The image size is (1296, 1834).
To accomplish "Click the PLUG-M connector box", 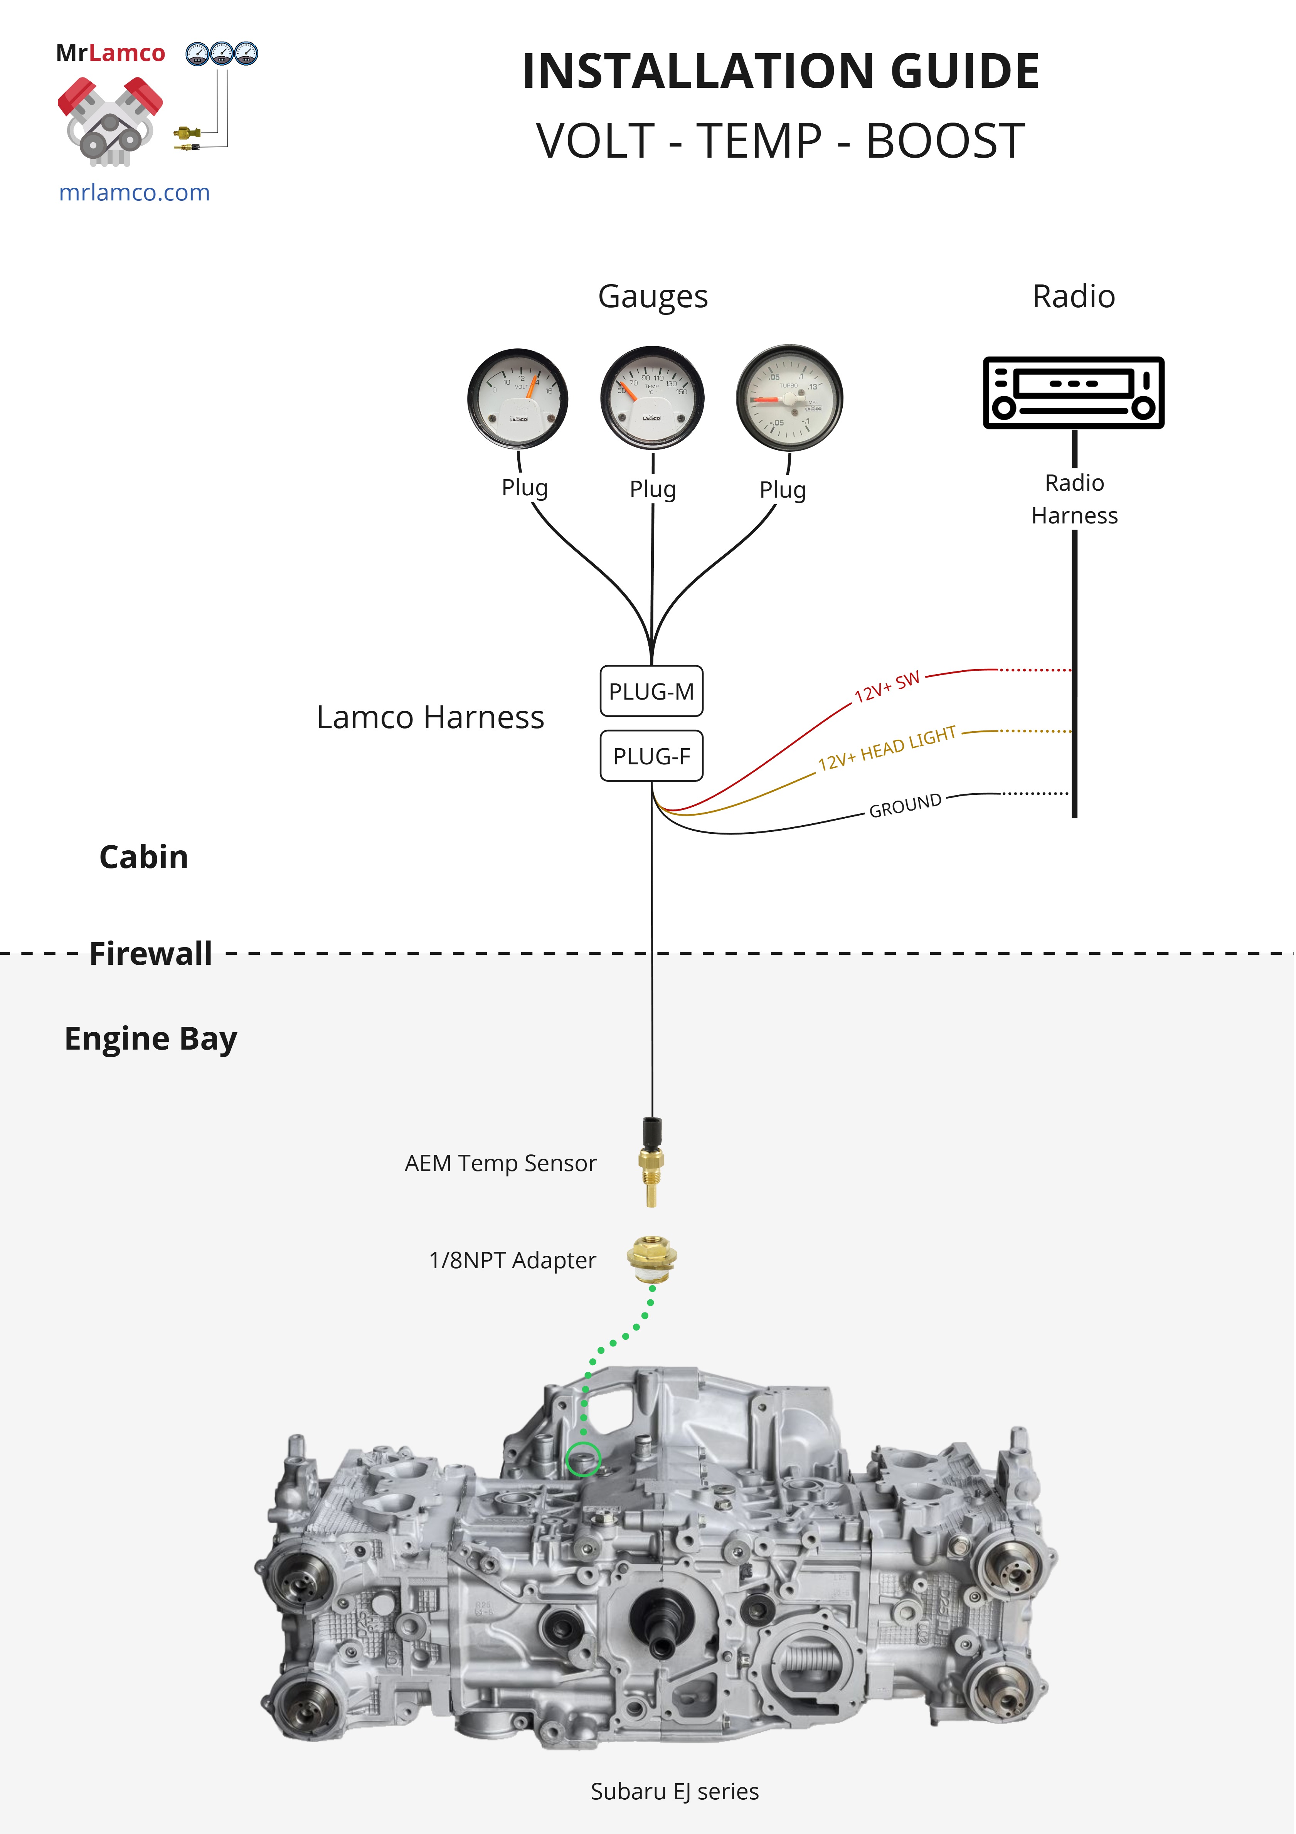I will (x=651, y=691).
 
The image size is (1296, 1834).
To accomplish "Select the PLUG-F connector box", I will (x=651, y=755).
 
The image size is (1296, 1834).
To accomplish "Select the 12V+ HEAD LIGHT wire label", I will (x=887, y=749).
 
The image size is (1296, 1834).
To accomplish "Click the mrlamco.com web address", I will (x=134, y=192).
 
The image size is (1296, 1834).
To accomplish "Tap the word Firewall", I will (x=150, y=953).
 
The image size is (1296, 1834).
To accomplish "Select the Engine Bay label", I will (x=150, y=1038).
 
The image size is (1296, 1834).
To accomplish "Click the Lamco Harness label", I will (x=430, y=717).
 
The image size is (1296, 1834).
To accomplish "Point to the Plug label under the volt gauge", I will (x=524, y=487).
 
